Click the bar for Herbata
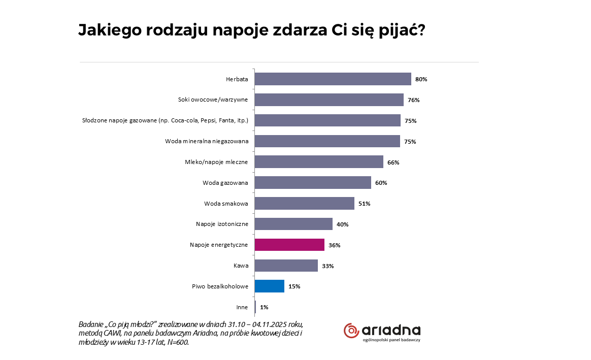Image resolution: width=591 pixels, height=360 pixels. point(333,79)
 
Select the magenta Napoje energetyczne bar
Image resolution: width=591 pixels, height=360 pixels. point(289,245)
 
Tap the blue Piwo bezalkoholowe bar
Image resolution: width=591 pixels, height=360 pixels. point(269,286)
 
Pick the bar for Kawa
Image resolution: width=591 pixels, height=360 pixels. point(286,266)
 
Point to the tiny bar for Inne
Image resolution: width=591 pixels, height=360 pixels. point(255,307)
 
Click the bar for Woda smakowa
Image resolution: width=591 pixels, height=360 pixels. point(304,204)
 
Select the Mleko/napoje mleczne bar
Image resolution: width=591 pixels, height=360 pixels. point(319,162)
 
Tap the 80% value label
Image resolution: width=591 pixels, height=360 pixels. point(421,80)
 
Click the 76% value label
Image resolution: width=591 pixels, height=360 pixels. point(413,101)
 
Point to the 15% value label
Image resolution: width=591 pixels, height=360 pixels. point(294,286)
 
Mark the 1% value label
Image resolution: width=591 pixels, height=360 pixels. point(264,307)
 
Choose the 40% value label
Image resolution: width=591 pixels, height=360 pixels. point(342,224)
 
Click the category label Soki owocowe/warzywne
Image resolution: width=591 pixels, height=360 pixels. point(213,100)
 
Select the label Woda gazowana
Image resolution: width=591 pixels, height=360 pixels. point(225,183)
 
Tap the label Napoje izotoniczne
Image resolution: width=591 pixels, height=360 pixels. point(222,224)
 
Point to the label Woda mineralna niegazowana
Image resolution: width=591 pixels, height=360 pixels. point(207,141)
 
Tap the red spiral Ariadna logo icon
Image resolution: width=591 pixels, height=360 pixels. point(351,331)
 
